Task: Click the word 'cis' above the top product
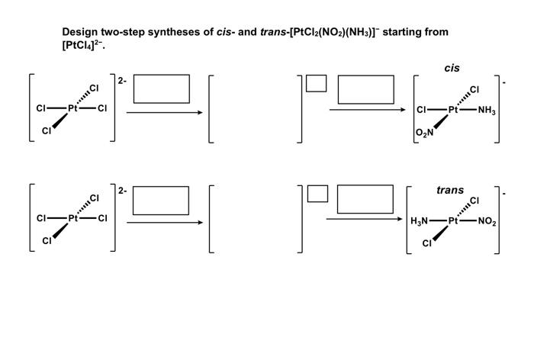[452, 69]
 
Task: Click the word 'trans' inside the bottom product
[450, 190]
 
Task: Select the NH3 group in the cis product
[486, 110]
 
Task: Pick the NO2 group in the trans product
[487, 222]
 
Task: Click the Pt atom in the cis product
[453, 110]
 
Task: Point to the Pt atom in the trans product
[453, 222]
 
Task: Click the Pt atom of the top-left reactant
[73, 108]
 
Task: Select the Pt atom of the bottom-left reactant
[73, 218]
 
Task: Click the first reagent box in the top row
[162, 88]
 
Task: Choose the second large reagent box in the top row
[366, 89]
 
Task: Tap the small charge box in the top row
[317, 83]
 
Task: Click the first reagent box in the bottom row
[161, 200]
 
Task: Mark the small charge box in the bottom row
[317, 194]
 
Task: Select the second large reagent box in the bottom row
[365, 199]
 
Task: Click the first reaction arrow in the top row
[164, 113]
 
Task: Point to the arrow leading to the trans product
[365, 219]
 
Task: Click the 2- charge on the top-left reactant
[122, 79]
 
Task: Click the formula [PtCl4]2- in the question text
[83, 46]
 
